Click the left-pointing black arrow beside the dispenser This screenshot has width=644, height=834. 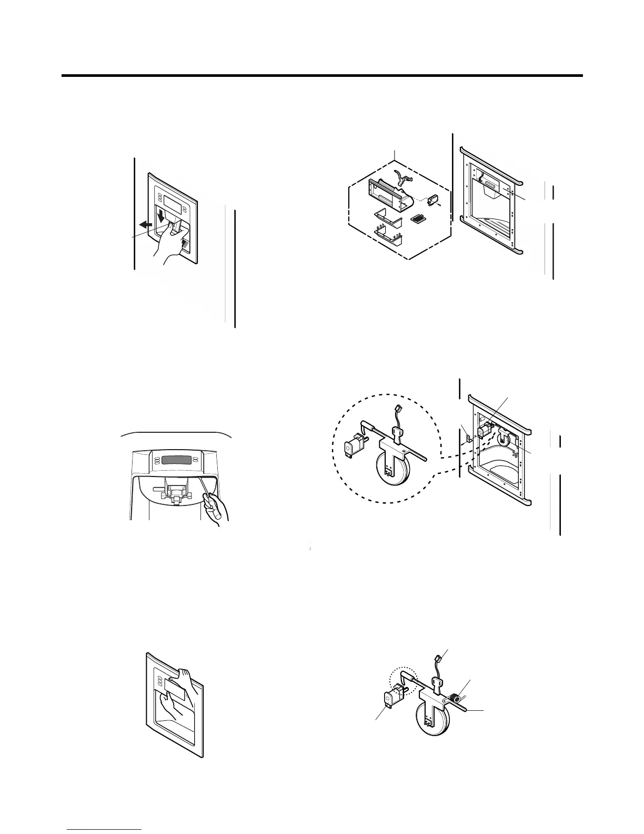coord(145,224)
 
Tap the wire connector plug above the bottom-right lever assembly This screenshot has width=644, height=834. coord(438,658)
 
